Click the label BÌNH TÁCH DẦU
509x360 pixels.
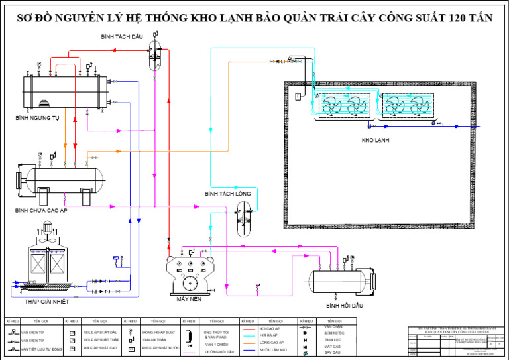pyautogui.click(x=122, y=38)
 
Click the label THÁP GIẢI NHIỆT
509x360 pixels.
pyautogui.click(x=47, y=301)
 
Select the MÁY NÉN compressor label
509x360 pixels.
pyautogui.click(x=189, y=299)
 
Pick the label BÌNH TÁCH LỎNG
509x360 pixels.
pyautogui.click(x=227, y=194)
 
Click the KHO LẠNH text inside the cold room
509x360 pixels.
pyautogui.click(x=375, y=141)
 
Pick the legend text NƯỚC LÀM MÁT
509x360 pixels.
pyautogui.click(x=273, y=349)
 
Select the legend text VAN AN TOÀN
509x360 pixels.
pyautogui.click(x=154, y=339)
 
